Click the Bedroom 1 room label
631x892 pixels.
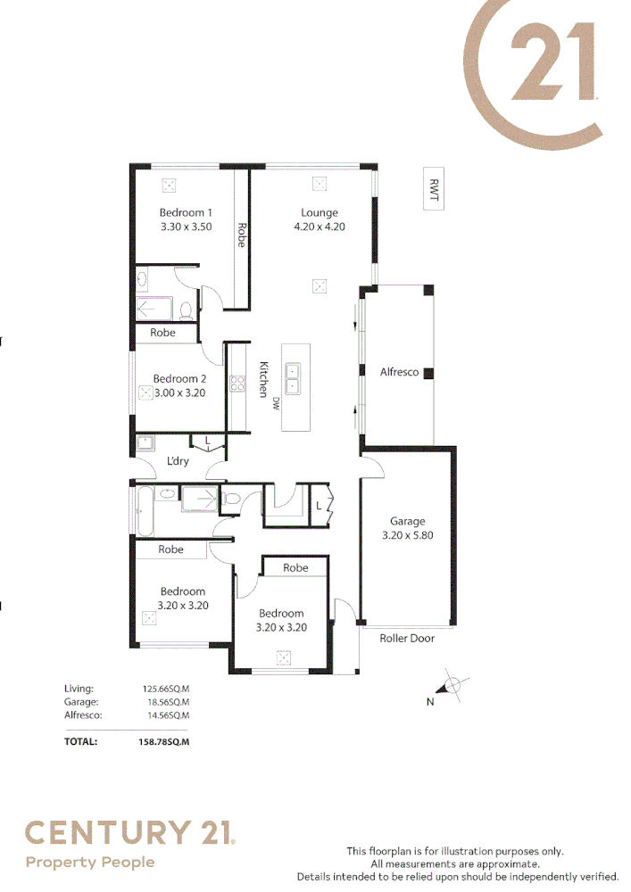(x=186, y=212)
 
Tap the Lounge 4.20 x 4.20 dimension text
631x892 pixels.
(x=319, y=227)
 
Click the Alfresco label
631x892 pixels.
(x=399, y=372)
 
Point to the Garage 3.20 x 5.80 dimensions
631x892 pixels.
(x=407, y=535)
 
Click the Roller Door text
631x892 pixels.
(x=407, y=639)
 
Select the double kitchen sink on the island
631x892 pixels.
(x=293, y=379)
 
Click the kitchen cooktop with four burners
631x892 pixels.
(x=238, y=384)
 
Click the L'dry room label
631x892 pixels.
(x=178, y=461)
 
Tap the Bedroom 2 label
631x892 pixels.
(x=179, y=378)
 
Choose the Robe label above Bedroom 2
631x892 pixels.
(x=162, y=333)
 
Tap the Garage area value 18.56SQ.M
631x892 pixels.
(x=166, y=702)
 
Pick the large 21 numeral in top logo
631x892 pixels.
(x=552, y=63)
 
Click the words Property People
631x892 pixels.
(x=89, y=862)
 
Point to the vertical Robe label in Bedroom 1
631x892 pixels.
(x=241, y=234)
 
